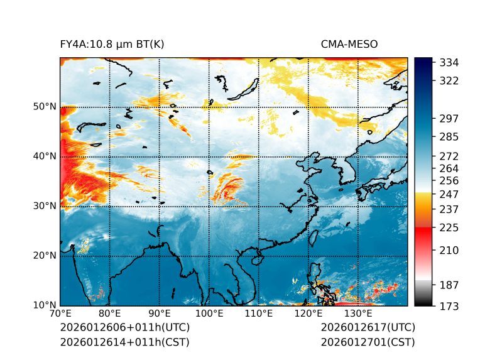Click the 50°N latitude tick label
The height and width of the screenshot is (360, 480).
(x=45, y=107)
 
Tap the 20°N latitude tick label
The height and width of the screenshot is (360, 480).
(x=45, y=256)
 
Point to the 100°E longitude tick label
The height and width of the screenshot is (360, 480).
(x=209, y=314)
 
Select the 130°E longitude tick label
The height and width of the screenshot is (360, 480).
(x=358, y=314)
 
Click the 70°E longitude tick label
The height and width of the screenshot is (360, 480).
(x=60, y=314)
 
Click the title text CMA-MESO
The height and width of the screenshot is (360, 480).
(x=349, y=44)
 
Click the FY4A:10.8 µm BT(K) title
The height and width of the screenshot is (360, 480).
(x=112, y=44)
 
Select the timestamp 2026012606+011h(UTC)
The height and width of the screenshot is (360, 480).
(x=124, y=327)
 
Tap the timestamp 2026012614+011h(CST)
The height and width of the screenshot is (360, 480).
(x=124, y=342)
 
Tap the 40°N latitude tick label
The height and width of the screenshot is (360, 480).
(x=45, y=156)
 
